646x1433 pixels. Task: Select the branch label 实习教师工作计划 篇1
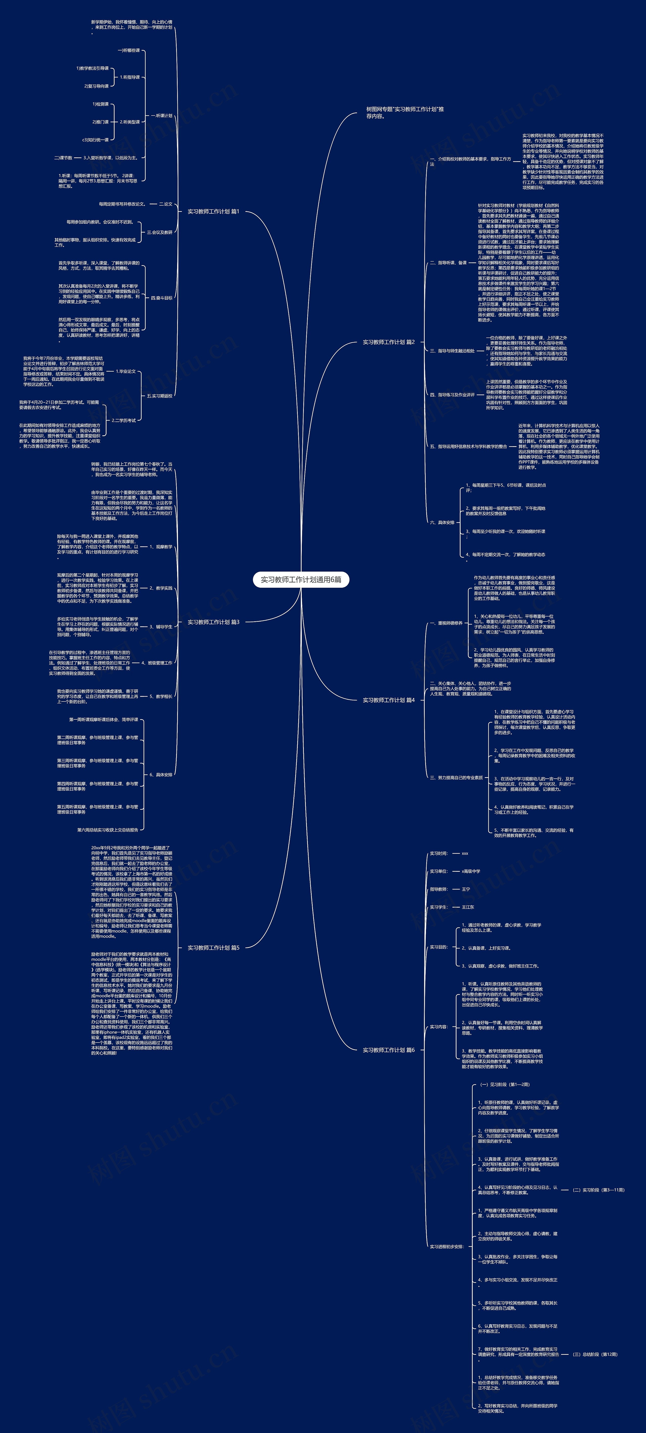pyautogui.click(x=213, y=211)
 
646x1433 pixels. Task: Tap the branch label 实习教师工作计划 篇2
pyautogui.click(x=388, y=342)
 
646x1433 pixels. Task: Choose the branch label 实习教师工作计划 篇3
pyautogui.click(x=213, y=622)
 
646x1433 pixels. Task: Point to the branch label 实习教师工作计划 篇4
pyautogui.click(x=388, y=700)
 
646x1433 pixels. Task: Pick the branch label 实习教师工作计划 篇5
pyautogui.click(x=213, y=947)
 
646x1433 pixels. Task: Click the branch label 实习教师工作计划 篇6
pyautogui.click(x=388, y=1050)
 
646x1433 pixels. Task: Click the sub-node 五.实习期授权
pyautogui.click(x=160, y=396)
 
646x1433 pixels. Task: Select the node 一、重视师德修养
pyautogui.click(x=446, y=623)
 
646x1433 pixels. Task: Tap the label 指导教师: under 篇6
pyautogui.click(x=439, y=889)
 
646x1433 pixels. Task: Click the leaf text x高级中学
pyautogui.click(x=471, y=871)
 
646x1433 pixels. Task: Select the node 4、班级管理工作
pyautogui.click(x=157, y=663)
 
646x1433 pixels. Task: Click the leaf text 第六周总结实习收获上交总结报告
pyautogui.click(x=107, y=829)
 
